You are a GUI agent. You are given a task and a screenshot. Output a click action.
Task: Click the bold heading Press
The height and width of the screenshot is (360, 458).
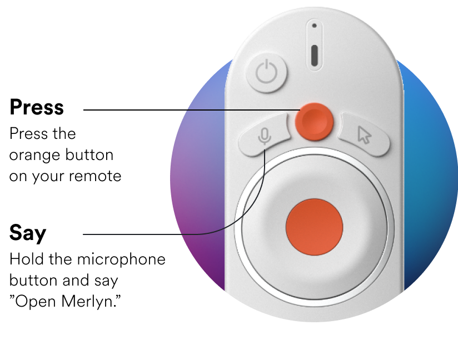(37, 107)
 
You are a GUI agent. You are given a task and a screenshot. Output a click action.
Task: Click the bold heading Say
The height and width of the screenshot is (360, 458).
(28, 233)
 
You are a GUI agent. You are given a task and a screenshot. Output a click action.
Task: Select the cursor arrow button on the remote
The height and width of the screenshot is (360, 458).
(365, 134)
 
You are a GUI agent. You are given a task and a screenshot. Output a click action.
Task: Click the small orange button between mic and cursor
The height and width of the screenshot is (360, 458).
(314, 122)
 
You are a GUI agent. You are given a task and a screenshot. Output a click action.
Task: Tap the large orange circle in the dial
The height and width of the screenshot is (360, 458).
(314, 227)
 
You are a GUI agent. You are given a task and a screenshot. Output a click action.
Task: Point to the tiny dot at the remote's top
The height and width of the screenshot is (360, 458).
(314, 26)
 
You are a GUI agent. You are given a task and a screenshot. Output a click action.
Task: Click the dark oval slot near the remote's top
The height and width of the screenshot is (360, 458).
(314, 56)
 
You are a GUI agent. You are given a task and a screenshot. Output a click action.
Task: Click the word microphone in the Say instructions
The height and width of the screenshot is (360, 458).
(121, 259)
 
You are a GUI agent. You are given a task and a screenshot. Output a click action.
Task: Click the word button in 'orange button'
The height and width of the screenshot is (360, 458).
(89, 154)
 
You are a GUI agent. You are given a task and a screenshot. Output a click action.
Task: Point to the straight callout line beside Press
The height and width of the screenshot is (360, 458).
(192, 110)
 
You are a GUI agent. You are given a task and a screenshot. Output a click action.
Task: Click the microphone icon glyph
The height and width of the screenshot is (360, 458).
(265, 136)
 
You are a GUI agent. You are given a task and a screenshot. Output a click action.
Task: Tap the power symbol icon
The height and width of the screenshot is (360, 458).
(266, 72)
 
